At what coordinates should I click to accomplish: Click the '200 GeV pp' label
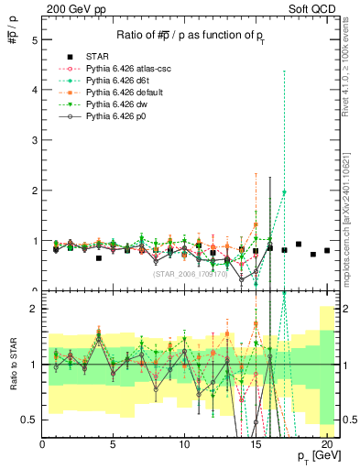tap(71, 9)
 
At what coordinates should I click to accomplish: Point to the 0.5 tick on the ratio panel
tap(30, 419)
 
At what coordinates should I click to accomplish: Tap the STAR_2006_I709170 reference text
tap(189, 273)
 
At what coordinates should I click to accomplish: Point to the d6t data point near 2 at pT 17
tap(284, 192)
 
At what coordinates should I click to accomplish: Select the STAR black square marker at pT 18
tap(299, 245)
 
